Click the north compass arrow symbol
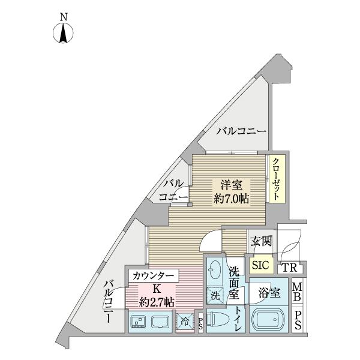(x=63, y=35)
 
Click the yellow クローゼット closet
(x=275, y=179)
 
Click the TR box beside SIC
(x=290, y=268)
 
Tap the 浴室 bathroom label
(x=269, y=293)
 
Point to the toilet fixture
(x=220, y=320)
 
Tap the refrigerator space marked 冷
(x=182, y=321)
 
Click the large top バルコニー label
(x=241, y=131)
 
